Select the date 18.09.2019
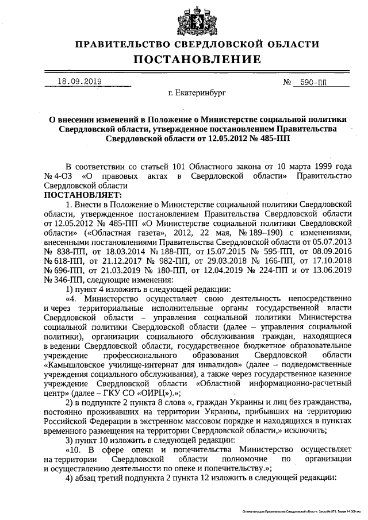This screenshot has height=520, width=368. [x=79, y=82]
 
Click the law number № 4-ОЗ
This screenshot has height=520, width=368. [x=57, y=176]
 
